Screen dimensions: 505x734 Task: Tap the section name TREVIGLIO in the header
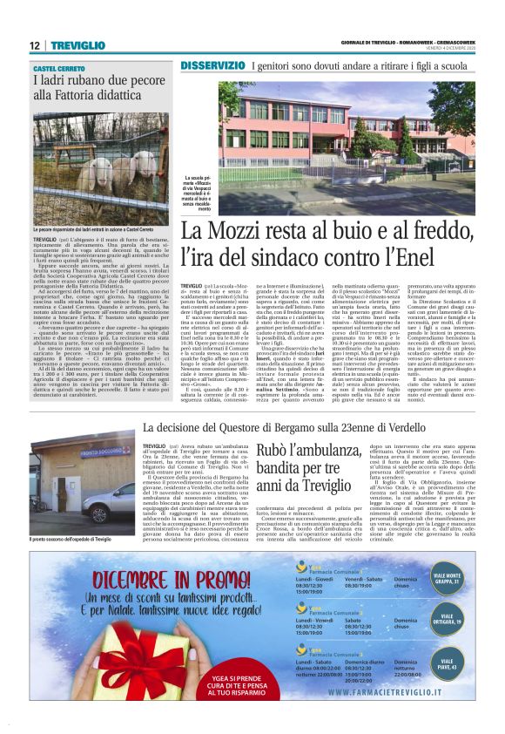coord(77,45)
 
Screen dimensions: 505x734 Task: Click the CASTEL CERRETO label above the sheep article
coord(60,67)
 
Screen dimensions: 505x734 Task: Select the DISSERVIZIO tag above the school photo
coord(212,66)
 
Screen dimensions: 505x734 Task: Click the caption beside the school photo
coord(197,194)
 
